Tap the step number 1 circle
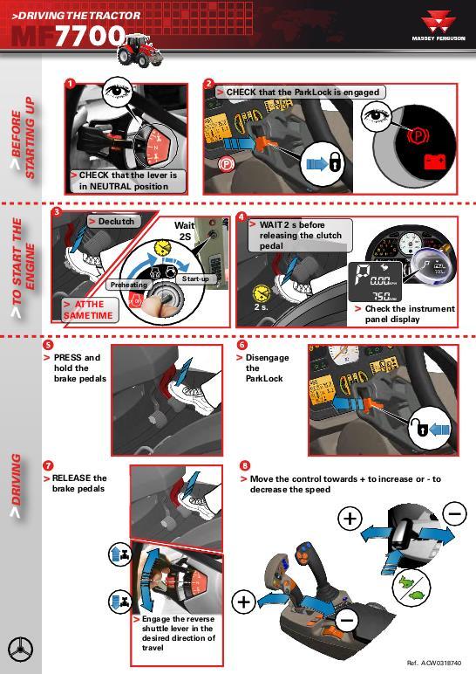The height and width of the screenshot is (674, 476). (x=69, y=84)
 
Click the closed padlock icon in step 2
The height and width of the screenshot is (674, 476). (x=334, y=163)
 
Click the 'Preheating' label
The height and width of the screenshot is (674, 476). (x=127, y=285)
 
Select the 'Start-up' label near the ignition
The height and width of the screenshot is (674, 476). (x=195, y=279)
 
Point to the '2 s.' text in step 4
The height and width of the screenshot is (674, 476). (x=261, y=306)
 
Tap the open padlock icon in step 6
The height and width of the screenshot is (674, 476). (x=421, y=429)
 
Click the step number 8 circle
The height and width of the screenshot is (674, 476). (x=245, y=465)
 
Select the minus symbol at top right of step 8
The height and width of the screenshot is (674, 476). (x=454, y=513)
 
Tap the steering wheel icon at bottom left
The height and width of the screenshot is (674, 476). (x=21, y=650)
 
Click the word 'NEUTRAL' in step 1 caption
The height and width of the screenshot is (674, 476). (x=113, y=186)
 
